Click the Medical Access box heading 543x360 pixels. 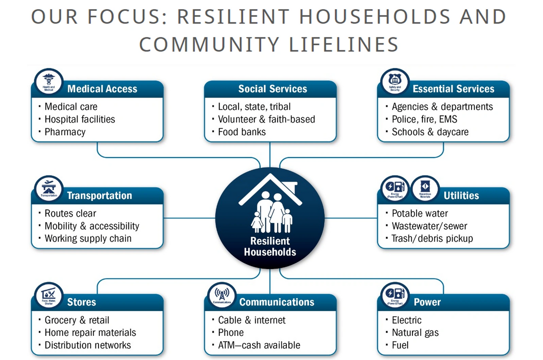click(x=102, y=89)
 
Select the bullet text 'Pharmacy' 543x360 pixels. click(x=65, y=132)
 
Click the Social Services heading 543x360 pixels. click(x=272, y=89)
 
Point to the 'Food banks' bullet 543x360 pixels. click(x=242, y=132)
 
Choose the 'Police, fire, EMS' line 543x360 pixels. click(x=424, y=119)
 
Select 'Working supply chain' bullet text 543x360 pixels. click(x=88, y=239)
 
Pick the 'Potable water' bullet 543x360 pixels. click(x=420, y=214)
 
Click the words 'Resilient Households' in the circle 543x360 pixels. click(x=270, y=247)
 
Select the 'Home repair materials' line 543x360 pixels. click(x=90, y=333)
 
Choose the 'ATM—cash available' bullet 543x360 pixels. click(x=259, y=345)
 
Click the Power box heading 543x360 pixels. click(x=427, y=302)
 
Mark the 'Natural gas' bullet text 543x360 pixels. click(x=415, y=333)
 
